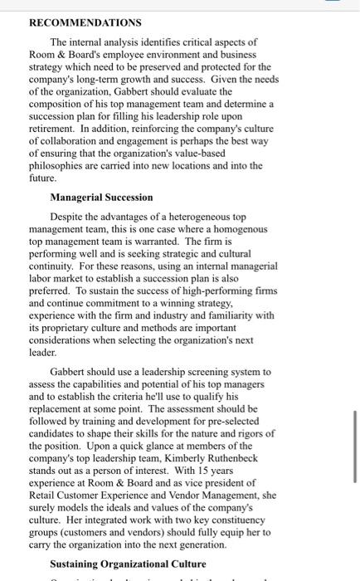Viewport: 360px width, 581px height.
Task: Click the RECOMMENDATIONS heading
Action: [x=85, y=22]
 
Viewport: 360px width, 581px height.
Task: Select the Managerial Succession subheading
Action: [x=101, y=197]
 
